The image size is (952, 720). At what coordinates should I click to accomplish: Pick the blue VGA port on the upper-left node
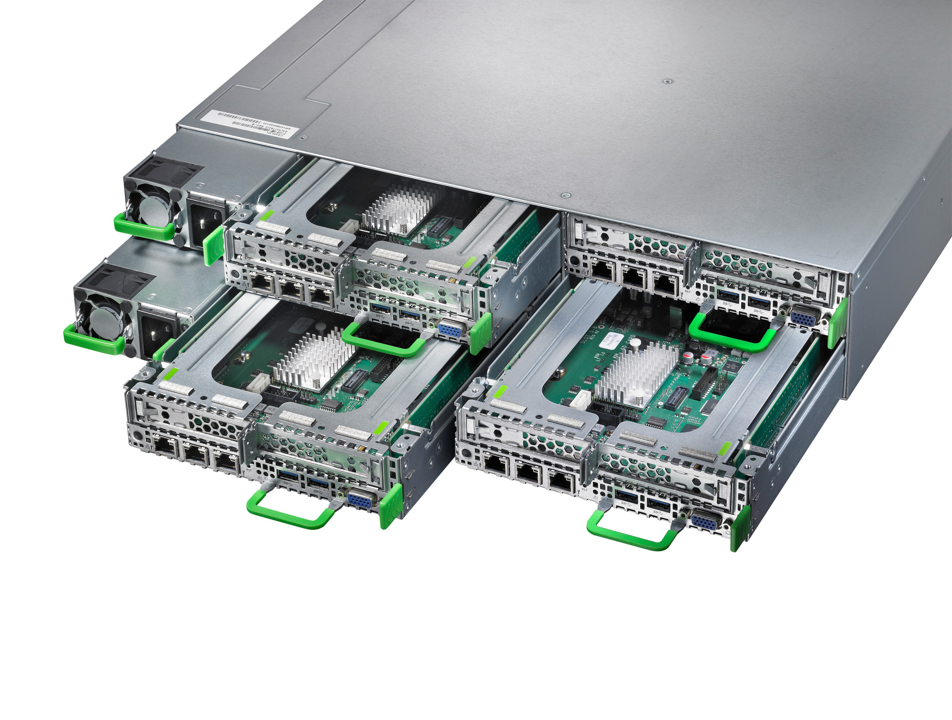tap(450, 330)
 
